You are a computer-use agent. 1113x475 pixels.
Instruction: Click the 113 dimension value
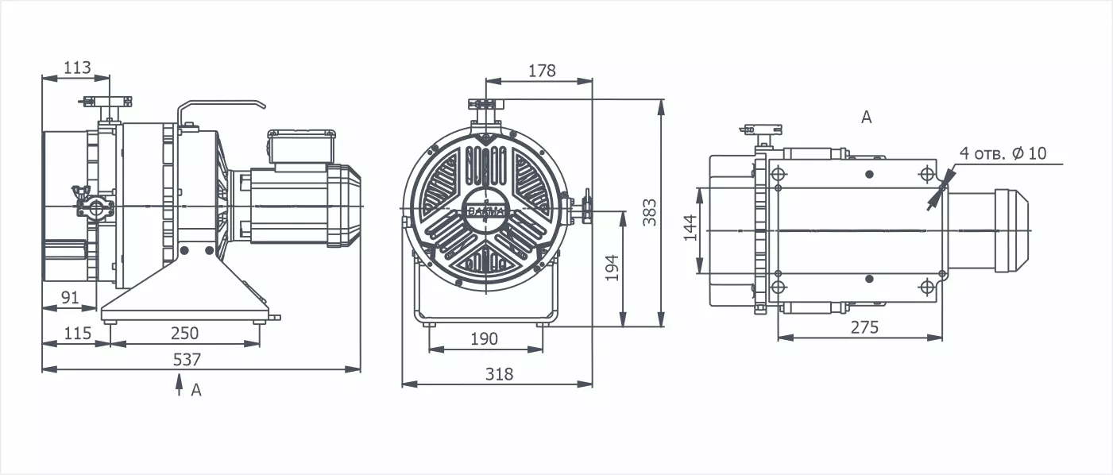pos(78,67)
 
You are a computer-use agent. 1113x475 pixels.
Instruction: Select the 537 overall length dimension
pos(187,359)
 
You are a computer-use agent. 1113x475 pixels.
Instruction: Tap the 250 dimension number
pos(185,333)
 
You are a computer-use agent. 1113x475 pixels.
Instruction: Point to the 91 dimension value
pos(70,297)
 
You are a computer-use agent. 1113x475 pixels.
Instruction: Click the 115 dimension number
pos(78,333)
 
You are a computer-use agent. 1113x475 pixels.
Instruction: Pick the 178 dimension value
pos(542,71)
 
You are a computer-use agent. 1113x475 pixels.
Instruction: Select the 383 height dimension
pos(649,213)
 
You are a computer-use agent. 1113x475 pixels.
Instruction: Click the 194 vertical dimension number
pos(613,268)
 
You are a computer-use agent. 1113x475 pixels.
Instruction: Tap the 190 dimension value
pos(484,339)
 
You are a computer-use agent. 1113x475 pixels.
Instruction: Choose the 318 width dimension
pos(499,373)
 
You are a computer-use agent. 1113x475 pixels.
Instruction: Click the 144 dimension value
pos(690,227)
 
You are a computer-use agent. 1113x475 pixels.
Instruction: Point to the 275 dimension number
pos(864,327)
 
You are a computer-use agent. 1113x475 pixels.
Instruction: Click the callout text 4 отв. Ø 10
pos(1003,153)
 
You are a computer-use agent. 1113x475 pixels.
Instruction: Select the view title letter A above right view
pos(866,118)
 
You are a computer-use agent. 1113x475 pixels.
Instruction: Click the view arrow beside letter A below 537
pos(179,384)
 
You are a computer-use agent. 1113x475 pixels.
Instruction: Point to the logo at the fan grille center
pos(485,210)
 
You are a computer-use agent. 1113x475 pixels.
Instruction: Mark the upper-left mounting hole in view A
pos(778,175)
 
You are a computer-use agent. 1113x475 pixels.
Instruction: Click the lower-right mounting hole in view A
pos(926,287)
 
